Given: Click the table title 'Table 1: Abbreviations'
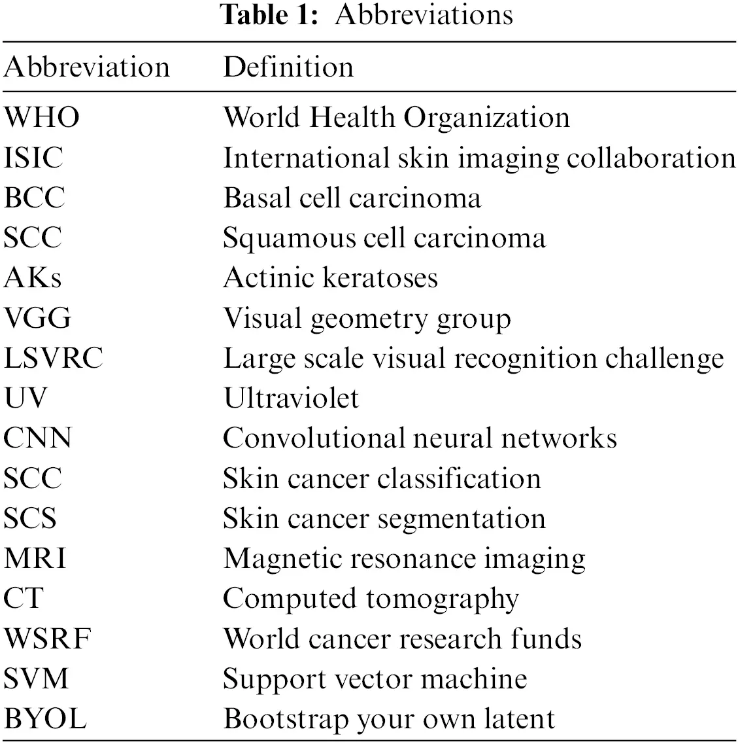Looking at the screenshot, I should click(x=368, y=14).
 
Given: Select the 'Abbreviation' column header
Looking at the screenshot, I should click(x=87, y=67).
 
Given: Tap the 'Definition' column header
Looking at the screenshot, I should click(x=288, y=67).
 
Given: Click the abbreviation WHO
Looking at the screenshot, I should click(x=42, y=118).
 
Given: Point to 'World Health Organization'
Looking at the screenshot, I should click(x=396, y=118).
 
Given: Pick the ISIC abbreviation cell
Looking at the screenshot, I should click(x=34, y=158).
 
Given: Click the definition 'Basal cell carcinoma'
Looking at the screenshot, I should click(x=352, y=198).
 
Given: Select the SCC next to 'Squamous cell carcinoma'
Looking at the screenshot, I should click(x=33, y=238).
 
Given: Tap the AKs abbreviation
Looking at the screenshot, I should click(x=33, y=278).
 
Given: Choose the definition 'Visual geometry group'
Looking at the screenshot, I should click(x=367, y=319).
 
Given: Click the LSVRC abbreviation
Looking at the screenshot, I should click(x=54, y=359).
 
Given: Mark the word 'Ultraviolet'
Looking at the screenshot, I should click(x=291, y=399).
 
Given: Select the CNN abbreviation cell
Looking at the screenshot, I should click(x=37, y=438).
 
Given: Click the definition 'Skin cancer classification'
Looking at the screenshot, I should click(x=382, y=478).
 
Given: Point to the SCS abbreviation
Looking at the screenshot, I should click(x=30, y=519).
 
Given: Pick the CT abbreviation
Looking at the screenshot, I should click(x=24, y=599).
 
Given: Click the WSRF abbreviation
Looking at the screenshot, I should click(x=47, y=639).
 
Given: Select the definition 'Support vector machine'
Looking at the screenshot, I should click(x=375, y=679).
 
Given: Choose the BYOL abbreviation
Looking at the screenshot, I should click(x=45, y=719).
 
